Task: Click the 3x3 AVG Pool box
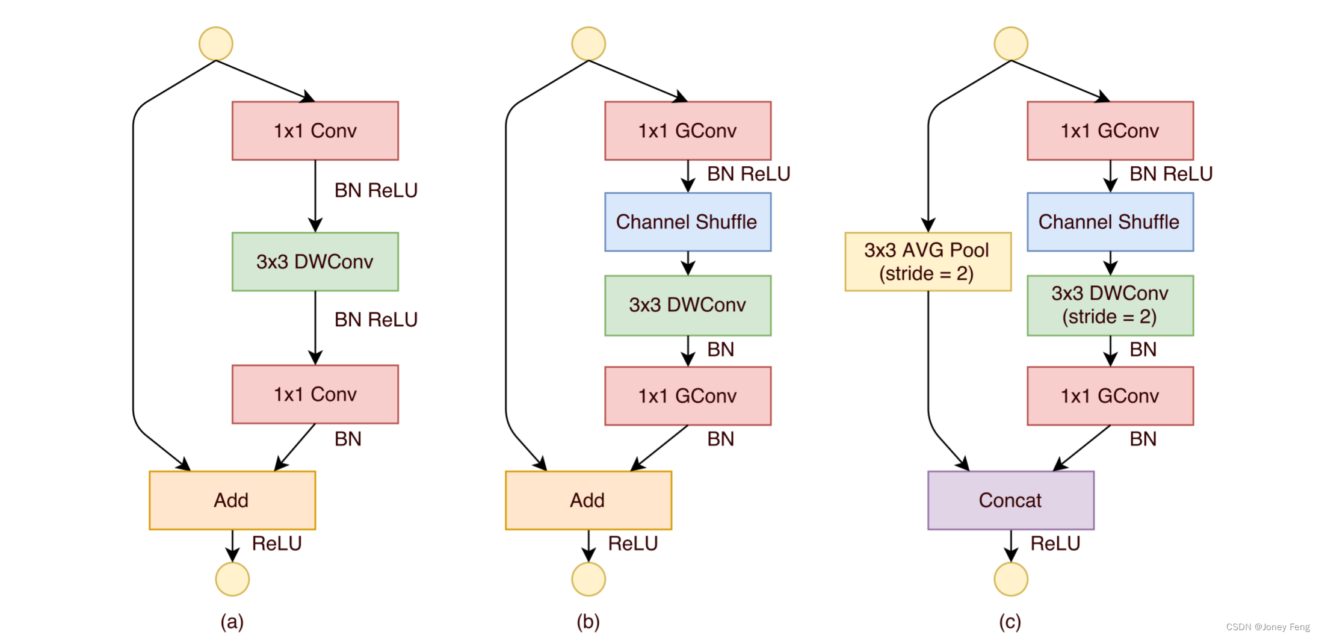pyautogui.click(x=928, y=262)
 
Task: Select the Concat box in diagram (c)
pyautogui.click(x=1011, y=500)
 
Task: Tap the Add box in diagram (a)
pyautogui.click(x=232, y=500)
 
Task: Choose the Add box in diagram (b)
pyautogui.click(x=588, y=500)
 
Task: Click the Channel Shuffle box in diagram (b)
pyautogui.click(x=688, y=222)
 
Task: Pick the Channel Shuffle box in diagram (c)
pyautogui.click(x=1110, y=222)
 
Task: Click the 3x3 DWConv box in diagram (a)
pyautogui.click(x=315, y=262)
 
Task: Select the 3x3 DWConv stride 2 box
pyautogui.click(x=1110, y=306)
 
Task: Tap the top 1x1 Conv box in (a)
pyautogui.click(x=315, y=131)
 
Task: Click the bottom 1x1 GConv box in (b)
pyautogui.click(x=688, y=396)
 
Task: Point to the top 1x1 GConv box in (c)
pyautogui.click(x=1110, y=131)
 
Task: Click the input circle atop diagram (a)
pyautogui.click(x=216, y=44)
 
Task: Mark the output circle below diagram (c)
pyautogui.click(x=1011, y=579)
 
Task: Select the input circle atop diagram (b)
pyautogui.click(x=588, y=44)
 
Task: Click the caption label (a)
pyautogui.click(x=232, y=621)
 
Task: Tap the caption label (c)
pyautogui.click(x=1010, y=621)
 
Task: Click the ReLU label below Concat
pyautogui.click(x=1055, y=544)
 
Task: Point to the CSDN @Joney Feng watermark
pyautogui.click(x=1268, y=627)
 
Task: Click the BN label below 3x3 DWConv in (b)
pyautogui.click(x=721, y=349)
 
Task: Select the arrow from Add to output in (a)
pyautogui.click(x=232, y=546)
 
